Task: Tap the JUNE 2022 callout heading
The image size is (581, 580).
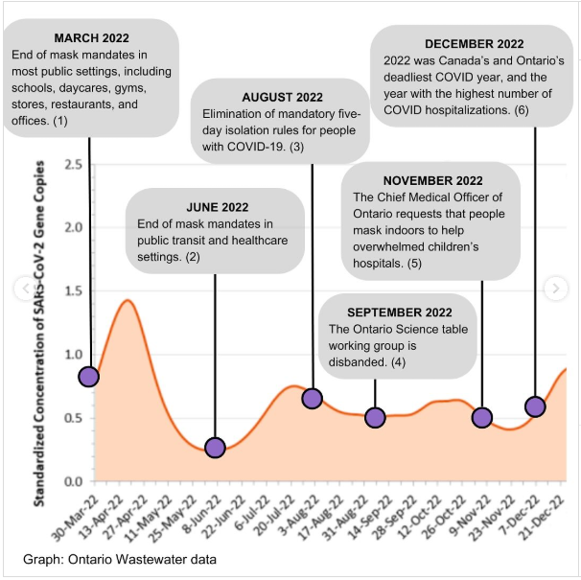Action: pos(217,206)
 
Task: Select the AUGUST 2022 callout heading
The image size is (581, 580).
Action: pos(282,98)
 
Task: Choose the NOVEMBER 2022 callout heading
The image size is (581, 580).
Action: pos(432,180)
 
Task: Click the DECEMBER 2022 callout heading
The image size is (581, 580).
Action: pos(474,43)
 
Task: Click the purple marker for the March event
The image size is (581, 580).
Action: pos(89,377)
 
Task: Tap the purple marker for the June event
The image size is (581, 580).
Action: pos(215,448)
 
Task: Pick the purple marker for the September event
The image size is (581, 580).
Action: pos(375,417)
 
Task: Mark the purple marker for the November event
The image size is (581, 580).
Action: pos(482,417)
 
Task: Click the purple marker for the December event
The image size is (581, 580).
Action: pos(535,406)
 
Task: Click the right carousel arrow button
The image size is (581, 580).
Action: pos(555,288)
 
